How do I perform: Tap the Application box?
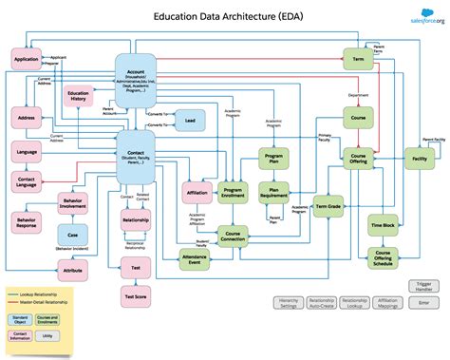(x=27, y=61)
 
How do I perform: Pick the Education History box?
(x=79, y=98)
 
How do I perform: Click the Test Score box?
(x=135, y=298)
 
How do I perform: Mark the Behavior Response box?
(x=27, y=224)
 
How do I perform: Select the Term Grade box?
(x=328, y=205)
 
